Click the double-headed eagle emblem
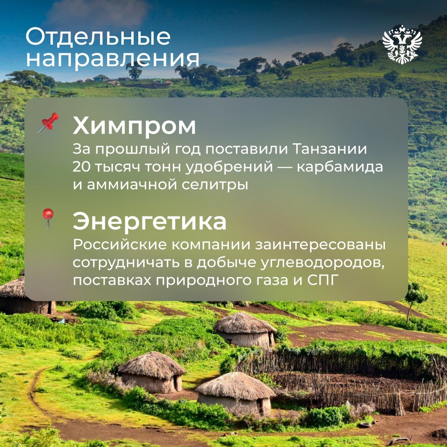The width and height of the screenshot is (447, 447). point(402,44)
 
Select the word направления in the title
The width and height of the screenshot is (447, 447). point(112,58)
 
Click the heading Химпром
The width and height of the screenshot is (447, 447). point(134,126)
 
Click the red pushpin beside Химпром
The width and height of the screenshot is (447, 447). point(49,123)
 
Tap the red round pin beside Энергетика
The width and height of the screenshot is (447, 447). point(48,217)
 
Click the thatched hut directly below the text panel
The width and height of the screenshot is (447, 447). point(245,329)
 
